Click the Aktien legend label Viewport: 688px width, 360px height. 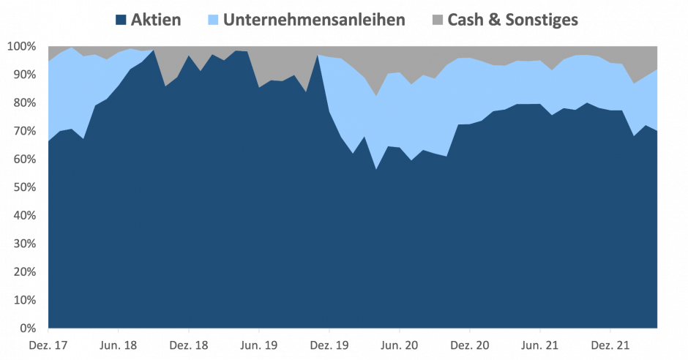(x=155, y=20)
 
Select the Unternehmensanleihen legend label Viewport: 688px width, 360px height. (x=314, y=20)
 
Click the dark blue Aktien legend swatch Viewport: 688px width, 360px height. (x=121, y=20)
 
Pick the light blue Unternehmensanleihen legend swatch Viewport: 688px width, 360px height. (x=213, y=20)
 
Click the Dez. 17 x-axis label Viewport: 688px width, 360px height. (x=48, y=344)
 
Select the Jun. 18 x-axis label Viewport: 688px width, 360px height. (x=119, y=344)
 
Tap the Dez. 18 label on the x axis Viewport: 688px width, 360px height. (x=189, y=344)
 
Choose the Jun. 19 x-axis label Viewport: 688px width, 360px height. (x=259, y=344)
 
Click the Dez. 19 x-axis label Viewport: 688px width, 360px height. (x=329, y=344)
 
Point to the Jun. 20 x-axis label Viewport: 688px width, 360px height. (x=400, y=344)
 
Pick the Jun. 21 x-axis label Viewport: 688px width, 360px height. (x=540, y=344)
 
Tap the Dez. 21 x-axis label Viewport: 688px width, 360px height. (x=610, y=344)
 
